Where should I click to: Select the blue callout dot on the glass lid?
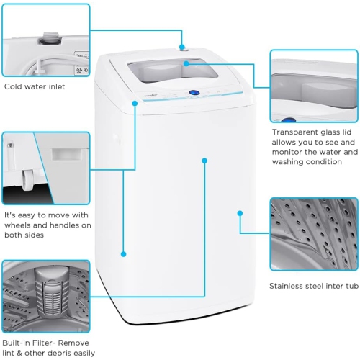click(x=186, y=63)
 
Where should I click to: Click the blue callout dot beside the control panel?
click(x=135, y=104)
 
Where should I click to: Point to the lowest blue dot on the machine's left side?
click(x=124, y=253)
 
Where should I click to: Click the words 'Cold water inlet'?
click(x=34, y=86)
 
